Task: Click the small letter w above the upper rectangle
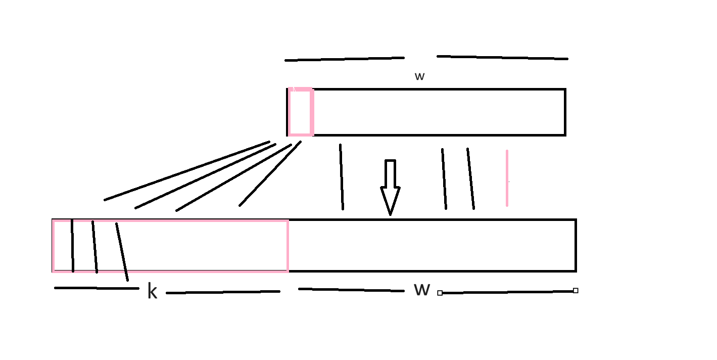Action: [419, 77]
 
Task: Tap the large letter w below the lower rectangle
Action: [422, 290]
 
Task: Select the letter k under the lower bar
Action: [152, 292]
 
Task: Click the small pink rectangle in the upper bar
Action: [301, 112]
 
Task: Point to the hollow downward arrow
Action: [390, 187]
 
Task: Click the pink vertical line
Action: [507, 178]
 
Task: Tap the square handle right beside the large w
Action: [440, 293]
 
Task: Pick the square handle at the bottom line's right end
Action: [576, 291]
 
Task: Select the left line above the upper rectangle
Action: [345, 59]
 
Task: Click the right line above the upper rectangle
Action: [502, 58]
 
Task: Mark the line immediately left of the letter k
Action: [96, 288]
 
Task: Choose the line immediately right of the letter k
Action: [223, 292]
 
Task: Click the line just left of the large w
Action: [351, 290]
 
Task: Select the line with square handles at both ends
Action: [508, 292]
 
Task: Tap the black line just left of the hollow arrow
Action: [342, 177]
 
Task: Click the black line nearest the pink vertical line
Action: [470, 178]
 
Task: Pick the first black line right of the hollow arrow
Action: [444, 178]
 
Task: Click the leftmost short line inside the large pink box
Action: [73, 246]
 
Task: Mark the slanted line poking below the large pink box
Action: [122, 252]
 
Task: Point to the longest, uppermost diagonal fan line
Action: [187, 171]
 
